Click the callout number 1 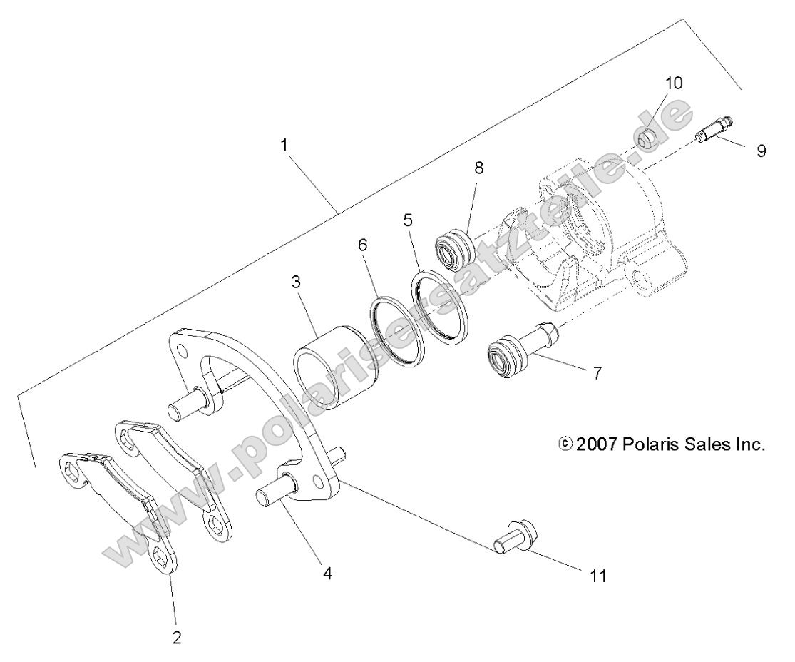click(x=284, y=144)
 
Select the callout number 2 click(x=176, y=637)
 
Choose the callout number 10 click(x=674, y=83)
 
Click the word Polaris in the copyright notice click(x=646, y=445)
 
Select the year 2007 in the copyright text click(x=595, y=445)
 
